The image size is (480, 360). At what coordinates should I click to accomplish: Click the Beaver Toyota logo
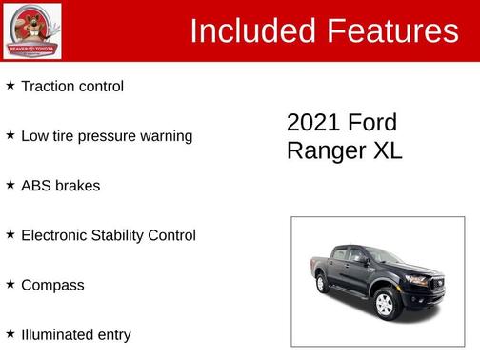point(32,30)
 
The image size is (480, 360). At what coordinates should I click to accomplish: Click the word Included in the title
point(251,31)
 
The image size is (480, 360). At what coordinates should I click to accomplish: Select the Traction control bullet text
point(72,87)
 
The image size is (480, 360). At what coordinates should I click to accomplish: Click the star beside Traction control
point(10,86)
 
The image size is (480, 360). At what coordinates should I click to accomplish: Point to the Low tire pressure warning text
point(107,136)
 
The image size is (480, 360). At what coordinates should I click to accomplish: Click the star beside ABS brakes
point(10,185)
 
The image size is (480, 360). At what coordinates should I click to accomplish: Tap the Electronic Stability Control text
point(109,235)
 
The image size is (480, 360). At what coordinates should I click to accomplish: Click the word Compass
point(52,286)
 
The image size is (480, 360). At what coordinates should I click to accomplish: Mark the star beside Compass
point(10,284)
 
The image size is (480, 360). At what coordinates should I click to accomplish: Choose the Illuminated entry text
point(76,335)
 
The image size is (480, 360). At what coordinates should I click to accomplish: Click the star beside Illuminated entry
point(10,333)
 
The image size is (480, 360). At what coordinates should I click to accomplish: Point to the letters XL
point(388,150)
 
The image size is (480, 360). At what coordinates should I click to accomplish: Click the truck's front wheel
point(385,303)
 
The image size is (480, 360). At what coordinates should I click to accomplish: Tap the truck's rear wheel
point(323,284)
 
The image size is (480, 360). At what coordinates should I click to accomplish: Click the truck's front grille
point(420,282)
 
